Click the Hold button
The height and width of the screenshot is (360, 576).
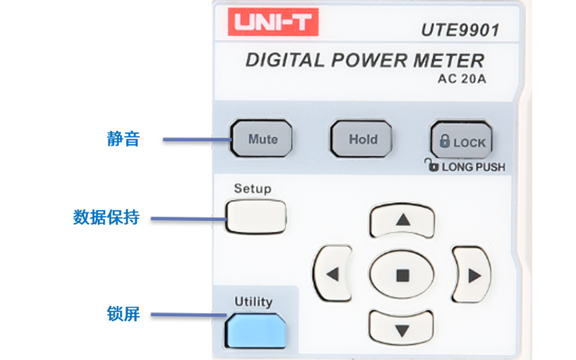(x=363, y=139)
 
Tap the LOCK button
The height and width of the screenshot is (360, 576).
(x=462, y=141)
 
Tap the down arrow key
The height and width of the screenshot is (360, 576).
(x=402, y=330)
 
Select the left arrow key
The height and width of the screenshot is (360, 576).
(x=333, y=274)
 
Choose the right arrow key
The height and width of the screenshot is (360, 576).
(x=472, y=274)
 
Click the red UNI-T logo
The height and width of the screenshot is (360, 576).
(x=273, y=24)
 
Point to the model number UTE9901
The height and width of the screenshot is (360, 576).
(x=460, y=30)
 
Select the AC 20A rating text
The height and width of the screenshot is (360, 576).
(x=462, y=79)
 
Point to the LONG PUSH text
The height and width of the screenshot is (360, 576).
(x=474, y=167)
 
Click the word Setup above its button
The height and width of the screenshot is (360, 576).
(x=253, y=189)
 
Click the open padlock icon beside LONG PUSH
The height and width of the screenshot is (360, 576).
(x=431, y=165)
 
